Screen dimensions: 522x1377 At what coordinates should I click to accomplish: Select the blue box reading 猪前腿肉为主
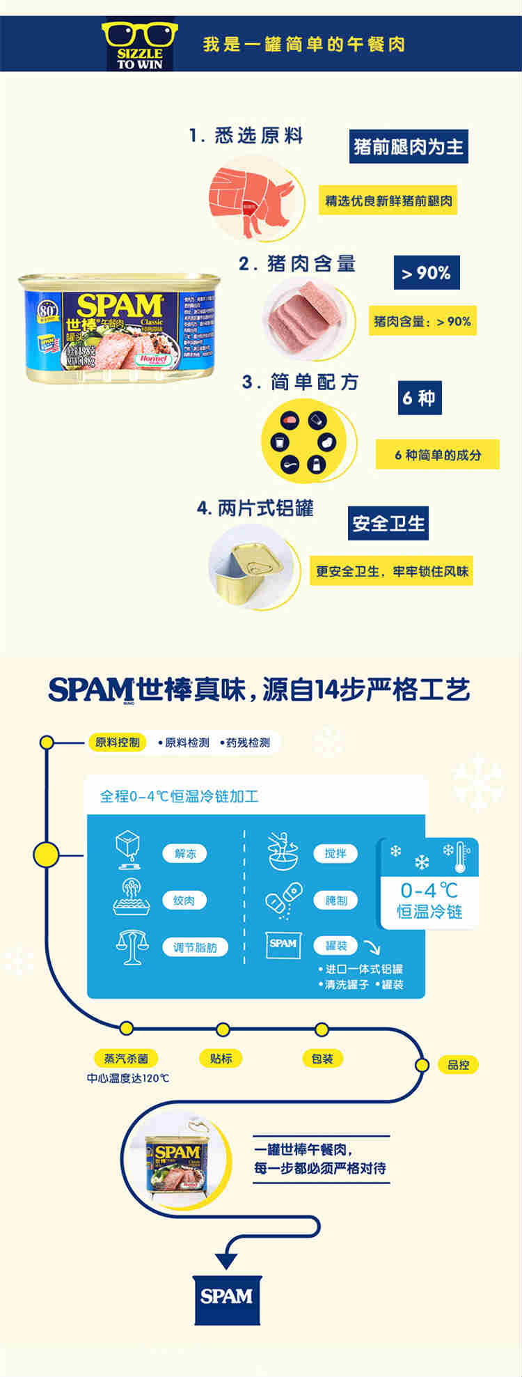point(408,147)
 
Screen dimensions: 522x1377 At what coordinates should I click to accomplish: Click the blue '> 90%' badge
point(426,273)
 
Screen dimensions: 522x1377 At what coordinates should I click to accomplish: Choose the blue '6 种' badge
point(419,398)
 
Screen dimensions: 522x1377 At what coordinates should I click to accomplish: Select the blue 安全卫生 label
point(388,524)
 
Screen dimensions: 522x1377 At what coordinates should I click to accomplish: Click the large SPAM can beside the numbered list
point(119,327)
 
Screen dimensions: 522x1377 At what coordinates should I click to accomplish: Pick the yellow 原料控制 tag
point(118,742)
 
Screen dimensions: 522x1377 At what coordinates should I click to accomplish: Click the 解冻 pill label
point(184,854)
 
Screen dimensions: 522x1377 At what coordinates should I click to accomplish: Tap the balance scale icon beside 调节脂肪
point(132,947)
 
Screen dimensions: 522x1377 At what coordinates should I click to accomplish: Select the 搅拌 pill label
point(335,854)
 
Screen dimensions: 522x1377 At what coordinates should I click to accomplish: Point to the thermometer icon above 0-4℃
point(460,857)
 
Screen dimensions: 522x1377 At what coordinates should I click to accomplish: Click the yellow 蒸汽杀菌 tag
point(126,1059)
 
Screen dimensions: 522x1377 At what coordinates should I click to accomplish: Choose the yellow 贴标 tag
point(221,1059)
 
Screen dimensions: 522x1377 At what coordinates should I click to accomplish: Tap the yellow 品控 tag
point(458,1065)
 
